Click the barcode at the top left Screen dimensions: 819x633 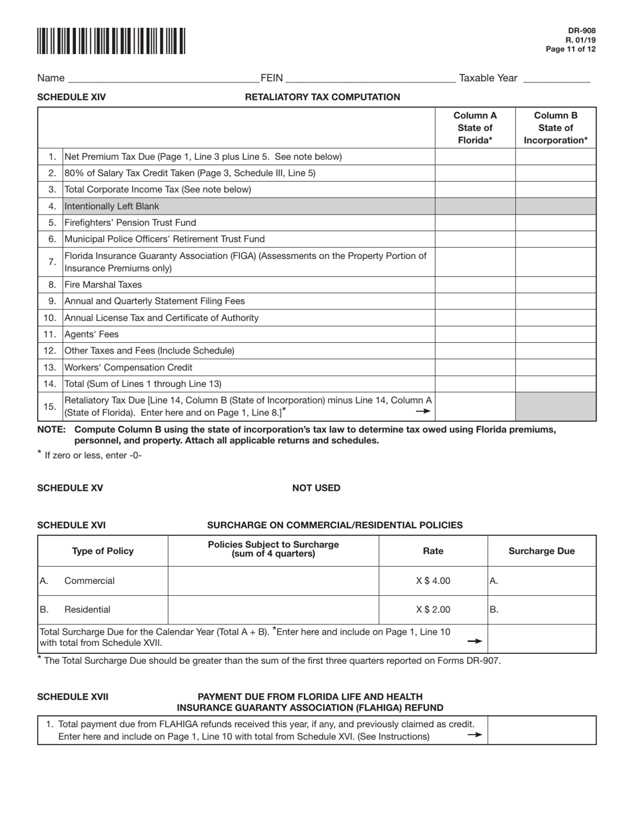point(111,41)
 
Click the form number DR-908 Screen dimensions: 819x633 point(582,31)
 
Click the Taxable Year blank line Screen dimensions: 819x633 point(556,79)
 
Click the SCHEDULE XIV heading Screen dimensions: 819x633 point(71,97)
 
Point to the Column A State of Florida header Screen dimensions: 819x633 point(475,127)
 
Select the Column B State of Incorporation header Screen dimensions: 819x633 point(556,127)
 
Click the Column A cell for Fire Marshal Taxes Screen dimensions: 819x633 point(475,285)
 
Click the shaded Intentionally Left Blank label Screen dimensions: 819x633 point(112,206)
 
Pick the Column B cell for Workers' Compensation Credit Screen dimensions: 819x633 point(556,368)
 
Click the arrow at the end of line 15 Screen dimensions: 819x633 point(423,411)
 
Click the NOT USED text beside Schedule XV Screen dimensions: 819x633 point(316,488)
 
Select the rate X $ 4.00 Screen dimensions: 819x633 point(433,581)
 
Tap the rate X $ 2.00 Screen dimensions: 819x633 point(433,609)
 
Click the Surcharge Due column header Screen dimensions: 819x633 point(542,551)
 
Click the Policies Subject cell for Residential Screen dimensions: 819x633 point(273,609)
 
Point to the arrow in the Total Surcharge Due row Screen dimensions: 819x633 point(474,641)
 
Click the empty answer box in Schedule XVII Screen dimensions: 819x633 point(542,730)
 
